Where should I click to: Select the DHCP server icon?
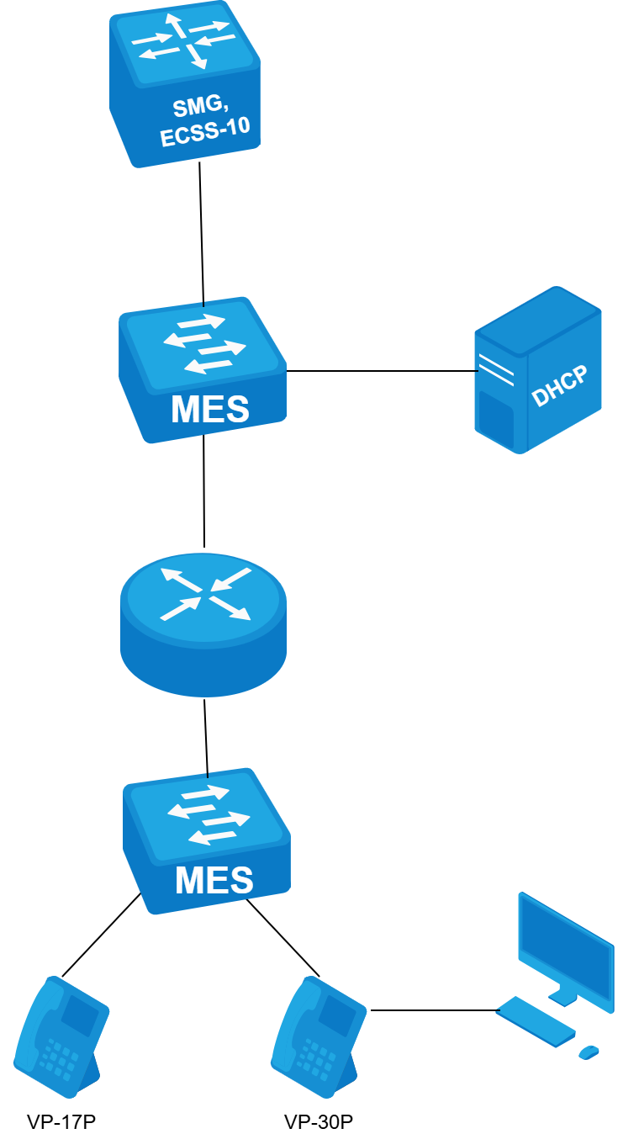pyautogui.click(x=538, y=370)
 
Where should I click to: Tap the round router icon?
pyautogui.click(x=203, y=624)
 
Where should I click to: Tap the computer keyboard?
pyautogui.click(x=535, y=1021)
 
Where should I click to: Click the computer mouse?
pyautogui.click(x=589, y=1052)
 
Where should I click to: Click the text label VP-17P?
pyautogui.click(x=56, y=1121)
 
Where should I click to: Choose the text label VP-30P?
pyautogui.click(x=319, y=1121)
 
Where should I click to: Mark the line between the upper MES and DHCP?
pyautogui.click(x=383, y=370)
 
